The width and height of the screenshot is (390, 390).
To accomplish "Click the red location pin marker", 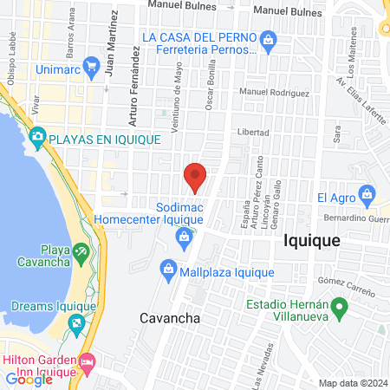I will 196,177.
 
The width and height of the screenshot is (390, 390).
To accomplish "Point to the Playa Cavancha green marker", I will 81,251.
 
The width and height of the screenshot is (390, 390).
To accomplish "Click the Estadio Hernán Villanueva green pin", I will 341,305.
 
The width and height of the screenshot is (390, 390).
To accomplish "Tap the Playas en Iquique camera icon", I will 37,137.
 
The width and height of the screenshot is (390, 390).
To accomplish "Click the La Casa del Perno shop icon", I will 269,38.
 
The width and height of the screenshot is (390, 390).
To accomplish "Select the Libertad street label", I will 253,133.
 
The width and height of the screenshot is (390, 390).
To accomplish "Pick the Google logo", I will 29,379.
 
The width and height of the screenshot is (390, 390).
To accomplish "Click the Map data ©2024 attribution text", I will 351,383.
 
